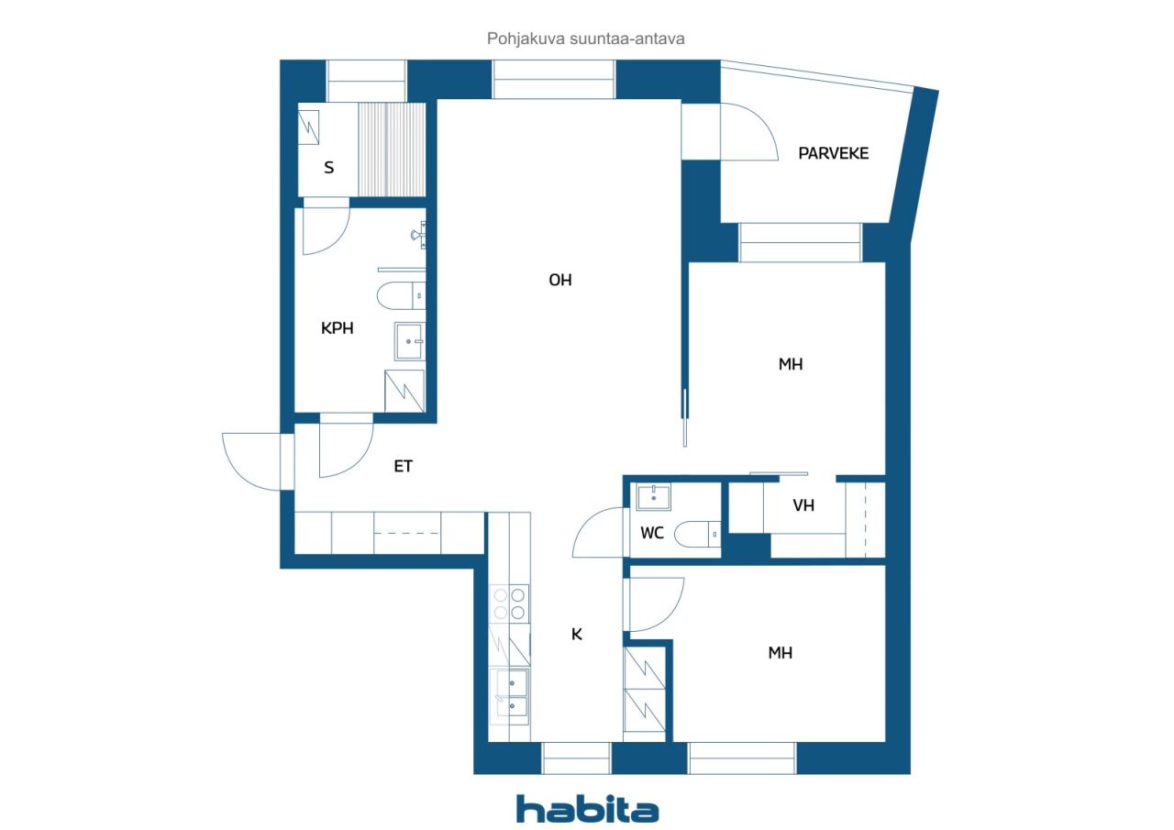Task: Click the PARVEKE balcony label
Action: (833, 153)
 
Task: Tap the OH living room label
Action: (560, 281)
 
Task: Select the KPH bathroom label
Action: (337, 328)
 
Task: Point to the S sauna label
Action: (328, 168)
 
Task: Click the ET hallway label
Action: (403, 466)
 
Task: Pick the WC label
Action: (652, 534)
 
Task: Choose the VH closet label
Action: (803, 505)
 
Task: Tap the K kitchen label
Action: (577, 635)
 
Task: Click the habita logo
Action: (588, 809)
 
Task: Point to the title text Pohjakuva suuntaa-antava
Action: (585, 39)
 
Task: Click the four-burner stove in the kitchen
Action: (509, 603)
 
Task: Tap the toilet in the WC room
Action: (698, 534)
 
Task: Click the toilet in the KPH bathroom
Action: (401, 296)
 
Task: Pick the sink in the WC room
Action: (654, 497)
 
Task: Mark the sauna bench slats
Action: (392, 149)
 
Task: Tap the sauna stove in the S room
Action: (308, 127)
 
